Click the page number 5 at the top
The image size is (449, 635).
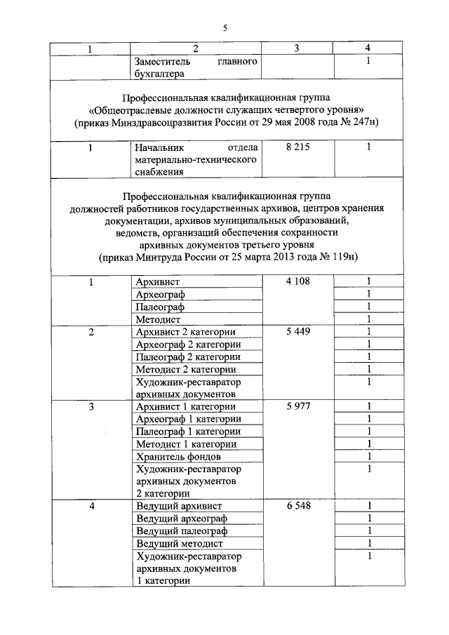click(225, 29)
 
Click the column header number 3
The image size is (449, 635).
click(297, 48)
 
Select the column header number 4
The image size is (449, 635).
click(368, 48)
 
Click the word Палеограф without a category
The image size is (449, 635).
click(161, 307)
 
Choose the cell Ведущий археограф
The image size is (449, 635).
click(182, 519)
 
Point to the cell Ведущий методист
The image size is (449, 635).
click(180, 544)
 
